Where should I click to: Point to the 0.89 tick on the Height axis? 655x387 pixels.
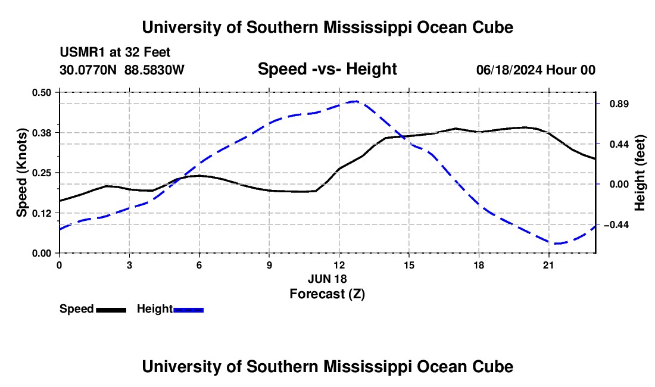[x=619, y=104]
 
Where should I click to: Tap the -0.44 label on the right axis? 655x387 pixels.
[x=616, y=225]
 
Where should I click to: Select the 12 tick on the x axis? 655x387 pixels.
[x=339, y=265]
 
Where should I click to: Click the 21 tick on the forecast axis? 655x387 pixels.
[x=548, y=265]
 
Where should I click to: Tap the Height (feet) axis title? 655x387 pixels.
[x=640, y=173]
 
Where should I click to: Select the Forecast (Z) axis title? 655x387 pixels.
[x=327, y=294]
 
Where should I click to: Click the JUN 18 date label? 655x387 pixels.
[x=327, y=279]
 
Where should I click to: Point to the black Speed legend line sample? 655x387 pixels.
[x=111, y=310]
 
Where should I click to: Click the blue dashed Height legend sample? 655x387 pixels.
[x=188, y=310]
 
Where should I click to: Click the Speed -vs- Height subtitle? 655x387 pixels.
[x=327, y=69]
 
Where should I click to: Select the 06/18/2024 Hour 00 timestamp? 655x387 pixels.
[x=536, y=70]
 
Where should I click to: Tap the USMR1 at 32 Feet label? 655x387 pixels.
[x=115, y=52]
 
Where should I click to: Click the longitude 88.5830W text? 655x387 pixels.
[x=154, y=70]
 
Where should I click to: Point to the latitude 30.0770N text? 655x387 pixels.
[x=88, y=70]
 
